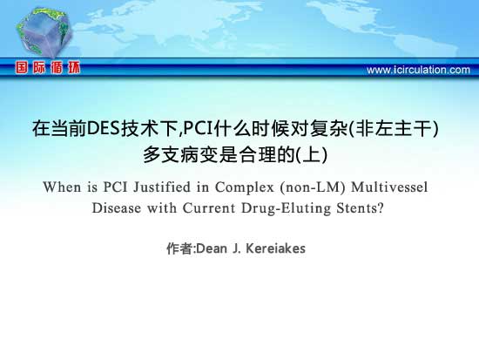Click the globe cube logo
pyautogui.click(x=44, y=32)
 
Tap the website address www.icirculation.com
pyautogui.click(x=418, y=70)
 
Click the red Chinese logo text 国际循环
pyautogui.click(x=48, y=68)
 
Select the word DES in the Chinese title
pyautogui.click(x=103, y=128)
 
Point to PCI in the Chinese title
pyautogui.click(x=198, y=128)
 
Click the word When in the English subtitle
pyautogui.click(x=63, y=187)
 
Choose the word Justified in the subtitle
pyautogui.click(x=162, y=187)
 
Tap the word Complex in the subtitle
pyautogui.click(x=245, y=187)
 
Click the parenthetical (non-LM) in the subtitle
pyautogui.click(x=313, y=187)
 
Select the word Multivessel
pyautogui.click(x=389, y=187)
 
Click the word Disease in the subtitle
pyautogui.click(x=117, y=208)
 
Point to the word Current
pyautogui.click(x=209, y=208)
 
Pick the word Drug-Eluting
pyautogui.click(x=287, y=208)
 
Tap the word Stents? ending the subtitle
pyautogui.click(x=361, y=208)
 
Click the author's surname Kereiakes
pyautogui.click(x=275, y=248)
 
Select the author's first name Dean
pyautogui.click(x=212, y=248)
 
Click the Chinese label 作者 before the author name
pyautogui.click(x=179, y=248)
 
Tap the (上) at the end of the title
pyautogui.click(x=312, y=154)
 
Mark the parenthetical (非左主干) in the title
pyautogui.click(x=394, y=128)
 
